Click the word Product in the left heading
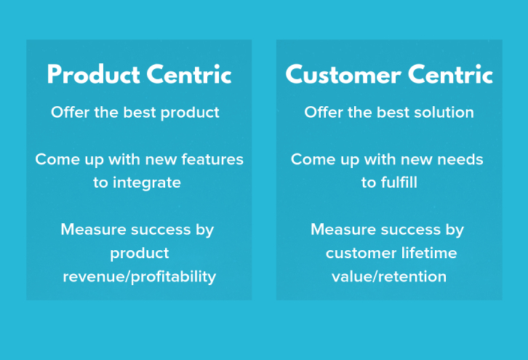point(94,74)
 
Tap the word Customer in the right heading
point(343,74)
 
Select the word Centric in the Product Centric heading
point(189,74)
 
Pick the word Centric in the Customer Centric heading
point(451,74)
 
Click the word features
point(212,159)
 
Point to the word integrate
point(146,183)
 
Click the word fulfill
point(399,183)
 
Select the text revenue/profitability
point(140,277)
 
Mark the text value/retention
point(389,276)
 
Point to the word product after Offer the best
point(190,113)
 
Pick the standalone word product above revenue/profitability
point(140,254)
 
